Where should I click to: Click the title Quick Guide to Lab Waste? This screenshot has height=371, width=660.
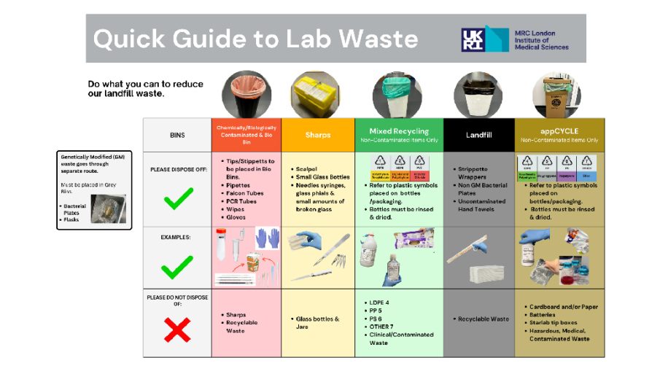[x=255, y=39]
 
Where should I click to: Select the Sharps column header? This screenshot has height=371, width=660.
[x=318, y=135]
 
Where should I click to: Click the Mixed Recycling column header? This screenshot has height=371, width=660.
[x=399, y=131]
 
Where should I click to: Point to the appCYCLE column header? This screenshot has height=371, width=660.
[x=559, y=131]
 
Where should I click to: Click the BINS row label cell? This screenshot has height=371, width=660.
[x=177, y=135]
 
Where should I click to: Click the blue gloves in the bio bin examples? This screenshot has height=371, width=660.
[x=268, y=238]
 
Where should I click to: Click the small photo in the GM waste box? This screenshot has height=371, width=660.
[x=108, y=208]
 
